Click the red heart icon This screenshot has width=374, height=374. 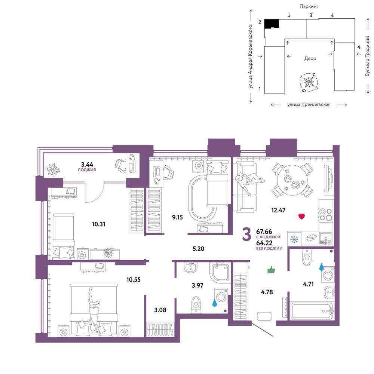pyautogui.click(x=301, y=217)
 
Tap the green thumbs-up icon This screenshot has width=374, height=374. pyautogui.click(x=271, y=270)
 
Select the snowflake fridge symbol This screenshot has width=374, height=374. pyautogui.click(x=294, y=239)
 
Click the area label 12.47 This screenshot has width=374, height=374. pyautogui.click(x=278, y=210)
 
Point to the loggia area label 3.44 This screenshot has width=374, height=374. pyautogui.click(x=87, y=164)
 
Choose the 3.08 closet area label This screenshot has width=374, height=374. pyautogui.click(x=160, y=310)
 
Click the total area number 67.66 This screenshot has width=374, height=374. pyautogui.click(x=264, y=232)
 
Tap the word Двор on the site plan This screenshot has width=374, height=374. pyautogui.click(x=310, y=58)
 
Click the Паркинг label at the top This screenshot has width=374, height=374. pyautogui.click(x=309, y=6)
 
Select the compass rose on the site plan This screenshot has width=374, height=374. pyautogui.click(x=309, y=83)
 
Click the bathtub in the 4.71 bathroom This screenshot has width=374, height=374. pyautogui.click(x=311, y=311)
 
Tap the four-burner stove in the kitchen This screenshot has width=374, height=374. pyautogui.click(x=326, y=214)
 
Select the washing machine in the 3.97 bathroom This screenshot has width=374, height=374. pyautogui.click(x=221, y=296)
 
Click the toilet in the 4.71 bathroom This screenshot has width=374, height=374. pyautogui.click(x=307, y=257)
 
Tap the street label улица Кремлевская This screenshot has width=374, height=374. pyautogui.click(x=309, y=104)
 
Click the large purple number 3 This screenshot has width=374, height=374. pyautogui.click(x=246, y=234)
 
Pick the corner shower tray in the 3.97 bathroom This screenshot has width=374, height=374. pyautogui.click(x=220, y=272)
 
